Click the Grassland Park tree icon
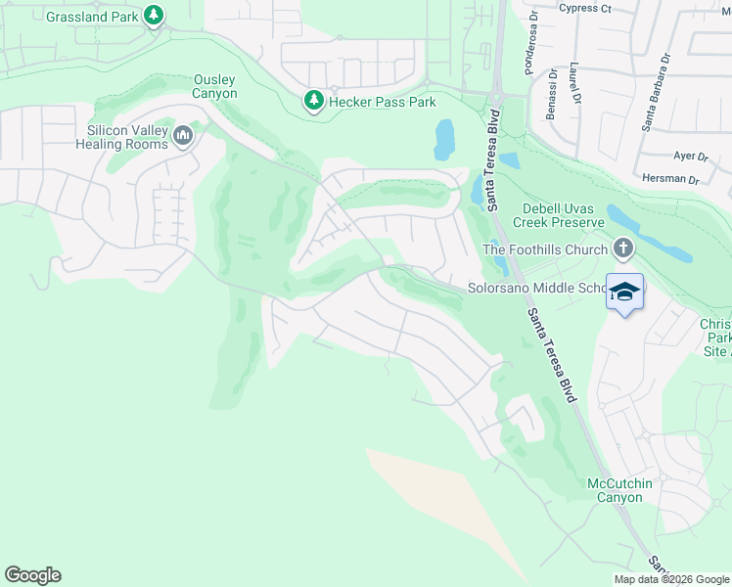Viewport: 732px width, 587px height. pos(154,15)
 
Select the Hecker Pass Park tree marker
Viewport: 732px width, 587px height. pos(313,101)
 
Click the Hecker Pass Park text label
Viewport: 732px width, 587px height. pos(382,102)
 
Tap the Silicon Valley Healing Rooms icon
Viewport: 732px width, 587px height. pos(183,136)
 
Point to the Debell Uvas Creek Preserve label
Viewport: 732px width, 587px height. pos(552,216)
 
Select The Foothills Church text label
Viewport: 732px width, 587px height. pos(545,249)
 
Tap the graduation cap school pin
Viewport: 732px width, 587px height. pos(625,292)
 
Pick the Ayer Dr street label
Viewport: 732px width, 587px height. pos(690,157)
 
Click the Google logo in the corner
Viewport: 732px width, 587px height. pos(32,575)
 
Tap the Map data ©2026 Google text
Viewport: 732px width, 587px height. pos(670,579)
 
